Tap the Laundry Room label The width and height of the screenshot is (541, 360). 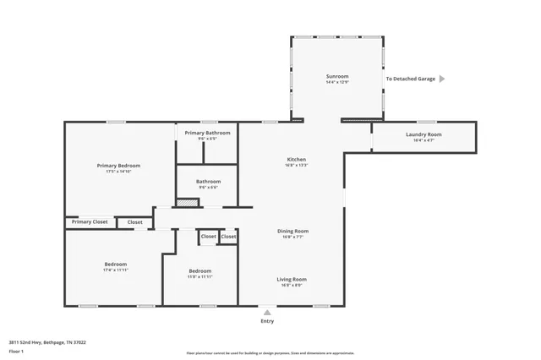click(x=424, y=134)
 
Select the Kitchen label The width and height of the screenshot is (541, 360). click(x=296, y=159)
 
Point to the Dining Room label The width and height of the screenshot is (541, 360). click(x=293, y=231)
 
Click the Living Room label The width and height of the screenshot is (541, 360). click(x=292, y=279)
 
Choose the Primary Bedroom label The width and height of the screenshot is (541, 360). click(x=118, y=166)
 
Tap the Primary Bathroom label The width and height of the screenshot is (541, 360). click(x=207, y=133)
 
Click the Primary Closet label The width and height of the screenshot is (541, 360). click(x=90, y=221)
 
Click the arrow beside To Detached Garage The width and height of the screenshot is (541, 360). click(x=442, y=79)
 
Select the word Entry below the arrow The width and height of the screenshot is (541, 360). click(x=267, y=321)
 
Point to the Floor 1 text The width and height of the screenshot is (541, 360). click(x=17, y=351)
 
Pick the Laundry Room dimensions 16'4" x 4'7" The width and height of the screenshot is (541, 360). click(x=424, y=140)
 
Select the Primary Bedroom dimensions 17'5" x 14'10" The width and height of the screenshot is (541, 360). click(x=118, y=172)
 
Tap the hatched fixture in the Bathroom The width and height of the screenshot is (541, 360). click(x=187, y=202)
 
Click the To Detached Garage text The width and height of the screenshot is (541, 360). click(x=411, y=79)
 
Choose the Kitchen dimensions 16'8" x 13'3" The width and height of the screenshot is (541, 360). click(x=296, y=165)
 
